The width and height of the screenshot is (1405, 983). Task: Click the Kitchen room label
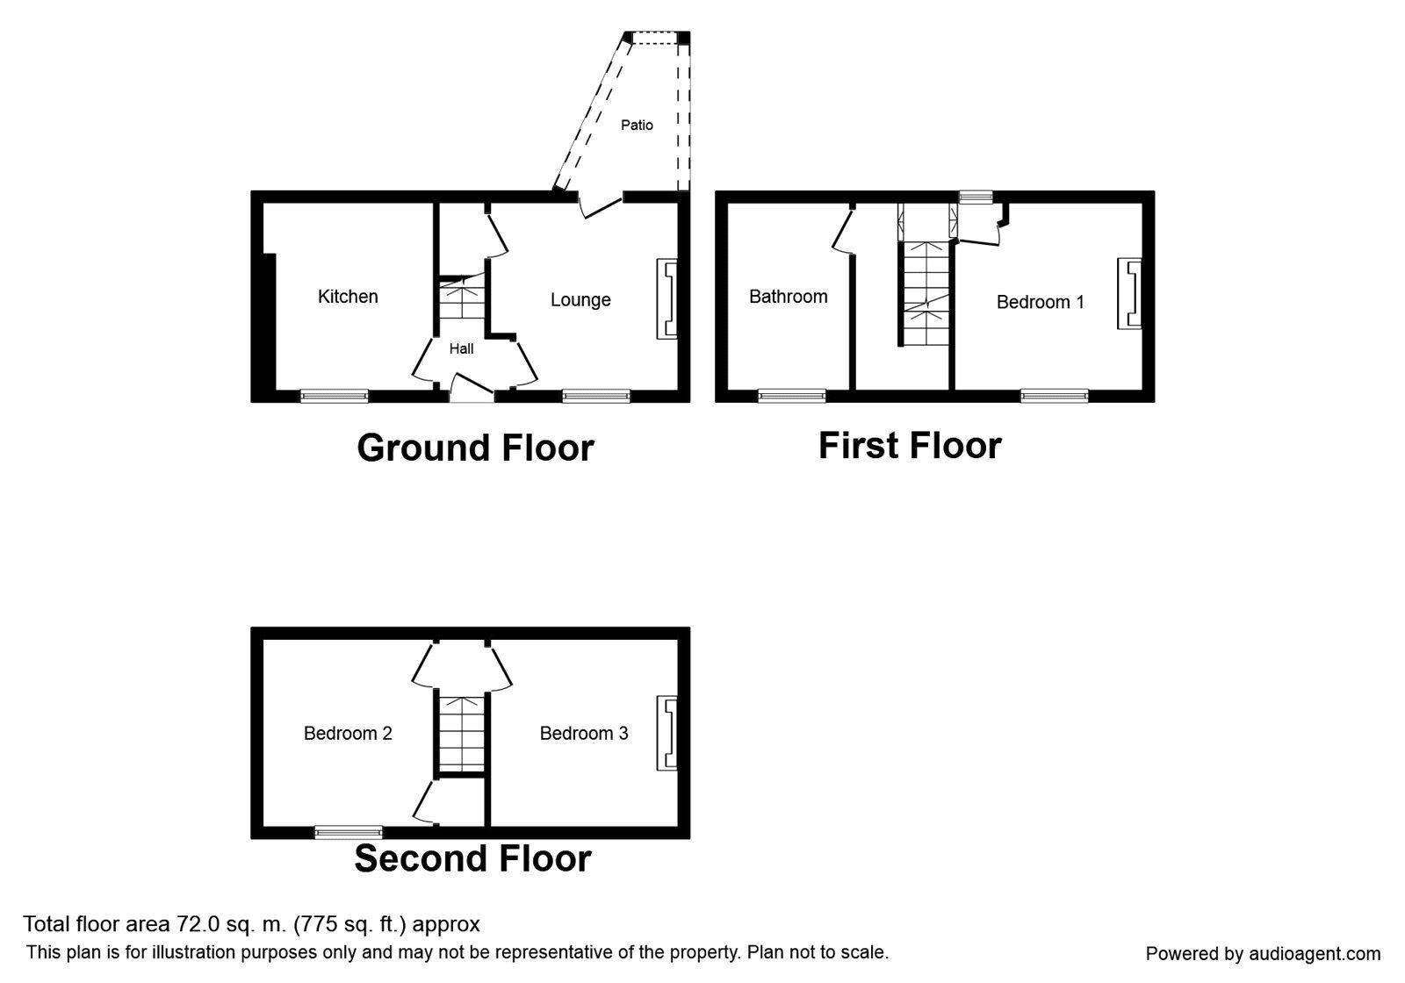pos(348,297)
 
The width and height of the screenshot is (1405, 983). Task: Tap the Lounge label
pos(580,300)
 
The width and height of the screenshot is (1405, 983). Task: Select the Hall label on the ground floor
pos(461,348)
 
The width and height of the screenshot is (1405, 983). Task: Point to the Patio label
pos(637,126)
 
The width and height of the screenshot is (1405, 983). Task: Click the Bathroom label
pos(789,297)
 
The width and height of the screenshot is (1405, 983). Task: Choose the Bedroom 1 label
pos(1040,302)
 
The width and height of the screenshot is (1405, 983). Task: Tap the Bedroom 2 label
pos(348,733)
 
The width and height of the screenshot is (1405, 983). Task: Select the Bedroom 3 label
pos(583,733)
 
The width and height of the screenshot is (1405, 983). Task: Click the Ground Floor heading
pos(475,448)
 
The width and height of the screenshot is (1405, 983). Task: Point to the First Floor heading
pos(910,446)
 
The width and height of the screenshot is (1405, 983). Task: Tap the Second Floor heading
pos(473,858)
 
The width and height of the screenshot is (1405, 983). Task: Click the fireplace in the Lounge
pos(666,299)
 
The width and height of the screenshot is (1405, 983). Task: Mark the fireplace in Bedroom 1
pos(1128,293)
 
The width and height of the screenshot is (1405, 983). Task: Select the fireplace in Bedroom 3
pos(666,732)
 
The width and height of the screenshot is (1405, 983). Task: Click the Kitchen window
pos(335,396)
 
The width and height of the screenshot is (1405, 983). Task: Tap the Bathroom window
pos(791,396)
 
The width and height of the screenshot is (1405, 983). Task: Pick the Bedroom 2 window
pos(348,832)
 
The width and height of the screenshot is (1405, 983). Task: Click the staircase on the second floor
pos(462,734)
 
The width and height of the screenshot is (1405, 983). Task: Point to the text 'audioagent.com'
pos(1315,953)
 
